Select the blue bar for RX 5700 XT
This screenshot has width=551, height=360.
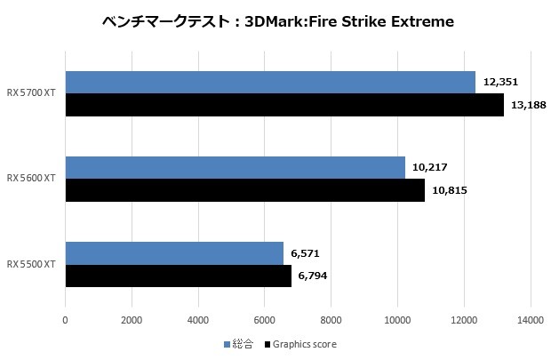(x=270, y=83)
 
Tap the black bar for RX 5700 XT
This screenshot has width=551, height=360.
(x=284, y=106)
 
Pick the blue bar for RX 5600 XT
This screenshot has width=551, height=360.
(x=235, y=167)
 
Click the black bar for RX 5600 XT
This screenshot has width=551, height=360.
(x=244, y=190)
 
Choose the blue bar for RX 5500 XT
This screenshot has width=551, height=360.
(x=174, y=252)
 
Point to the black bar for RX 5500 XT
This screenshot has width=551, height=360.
(x=178, y=276)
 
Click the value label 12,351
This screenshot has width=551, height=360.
(x=500, y=82)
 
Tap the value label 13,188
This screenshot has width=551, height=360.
(x=529, y=106)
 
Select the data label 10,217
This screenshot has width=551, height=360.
(x=430, y=167)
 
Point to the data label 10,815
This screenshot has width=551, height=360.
(x=450, y=190)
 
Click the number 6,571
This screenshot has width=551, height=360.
(x=304, y=252)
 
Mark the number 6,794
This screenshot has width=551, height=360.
(x=312, y=276)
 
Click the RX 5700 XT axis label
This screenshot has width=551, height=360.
(x=32, y=94)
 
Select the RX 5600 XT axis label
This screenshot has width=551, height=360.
(x=32, y=179)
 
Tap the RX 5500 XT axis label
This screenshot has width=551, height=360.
(x=32, y=264)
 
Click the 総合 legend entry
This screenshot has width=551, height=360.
(x=240, y=343)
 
